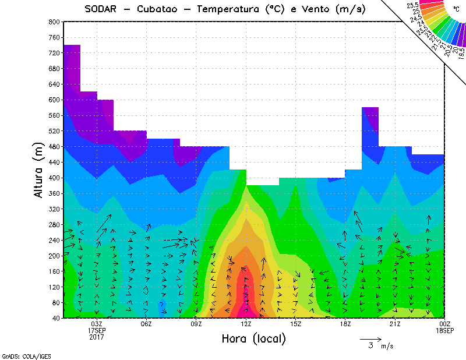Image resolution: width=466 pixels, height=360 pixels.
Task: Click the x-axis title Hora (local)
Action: point(253,338)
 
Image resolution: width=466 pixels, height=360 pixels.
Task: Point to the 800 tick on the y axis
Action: point(54,22)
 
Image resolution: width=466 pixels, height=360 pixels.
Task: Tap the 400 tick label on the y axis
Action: point(54,178)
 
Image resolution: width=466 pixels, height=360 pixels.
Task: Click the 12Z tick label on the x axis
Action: point(246,324)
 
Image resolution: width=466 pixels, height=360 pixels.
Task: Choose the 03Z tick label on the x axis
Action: point(97,324)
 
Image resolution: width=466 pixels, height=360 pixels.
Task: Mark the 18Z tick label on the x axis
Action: point(345,324)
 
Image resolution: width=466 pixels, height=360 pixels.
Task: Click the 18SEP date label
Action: point(445,330)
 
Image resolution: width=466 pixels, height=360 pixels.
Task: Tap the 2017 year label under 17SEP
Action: point(97,337)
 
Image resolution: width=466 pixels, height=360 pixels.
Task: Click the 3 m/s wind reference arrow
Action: point(370,338)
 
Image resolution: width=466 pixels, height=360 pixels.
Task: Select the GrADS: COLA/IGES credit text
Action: point(22,355)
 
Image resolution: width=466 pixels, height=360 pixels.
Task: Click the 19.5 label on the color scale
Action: point(461,54)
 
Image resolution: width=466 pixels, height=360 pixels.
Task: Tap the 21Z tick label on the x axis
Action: point(395,324)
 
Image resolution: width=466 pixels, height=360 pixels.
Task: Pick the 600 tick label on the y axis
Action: point(54,100)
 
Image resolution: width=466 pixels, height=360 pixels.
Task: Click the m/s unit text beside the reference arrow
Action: point(387,347)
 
